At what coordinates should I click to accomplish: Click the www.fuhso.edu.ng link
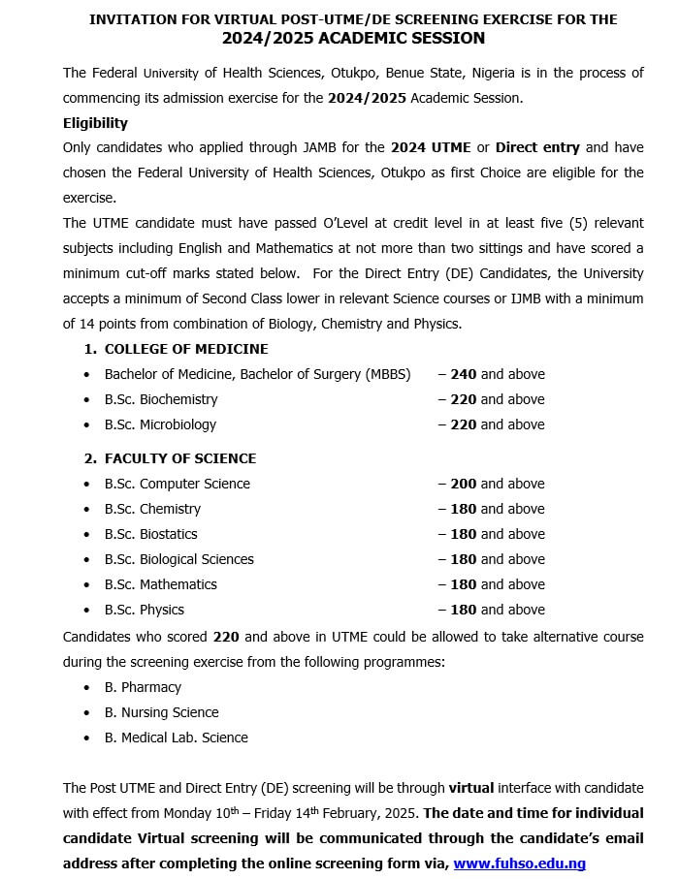[x=519, y=863]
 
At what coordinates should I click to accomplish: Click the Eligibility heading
[x=95, y=123]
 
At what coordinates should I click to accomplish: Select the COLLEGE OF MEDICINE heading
[x=186, y=349]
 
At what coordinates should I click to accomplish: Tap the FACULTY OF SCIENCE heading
[x=180, y=458]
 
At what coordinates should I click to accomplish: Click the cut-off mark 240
[x=463, y=374]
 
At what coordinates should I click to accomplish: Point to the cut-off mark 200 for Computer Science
[x=463, y=484]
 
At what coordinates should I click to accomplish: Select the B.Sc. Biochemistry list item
[x=161, y=399]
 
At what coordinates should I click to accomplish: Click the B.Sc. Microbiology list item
[x=161, y=424]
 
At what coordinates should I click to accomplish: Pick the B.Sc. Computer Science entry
[x=178, y=484]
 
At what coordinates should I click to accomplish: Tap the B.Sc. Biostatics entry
[x=151, y=534]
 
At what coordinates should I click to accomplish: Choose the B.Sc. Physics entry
[x=145, y=610]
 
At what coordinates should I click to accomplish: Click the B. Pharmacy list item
[x=143, y=687]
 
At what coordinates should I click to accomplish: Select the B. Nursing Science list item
[x=162, y=712]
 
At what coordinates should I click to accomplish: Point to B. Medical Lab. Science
[x=177, y=738]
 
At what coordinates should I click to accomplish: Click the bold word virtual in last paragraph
[x=472, y=787]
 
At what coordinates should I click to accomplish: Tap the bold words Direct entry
[x=537, y=147]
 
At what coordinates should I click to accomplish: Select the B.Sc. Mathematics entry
[x=161, y=584]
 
